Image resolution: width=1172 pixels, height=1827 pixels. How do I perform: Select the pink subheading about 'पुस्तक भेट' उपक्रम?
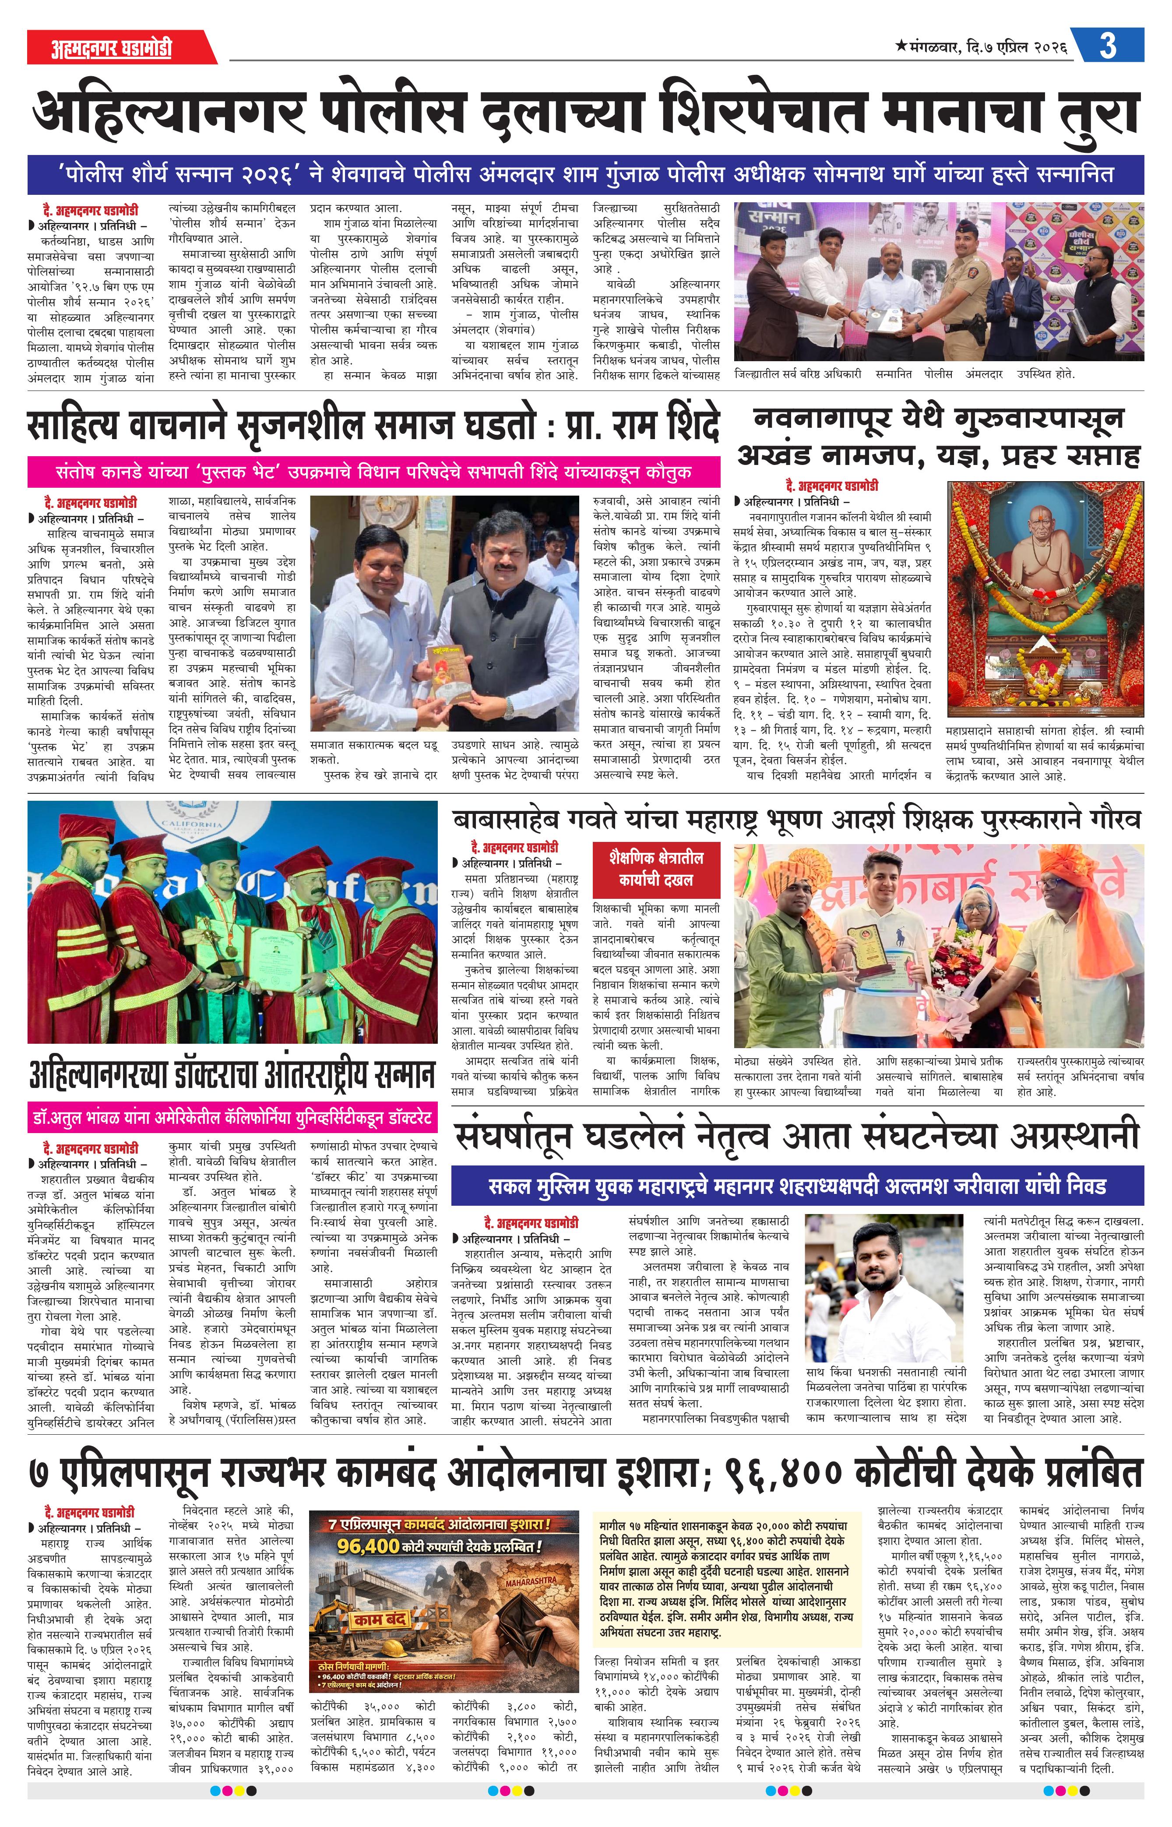(x=373, y=472)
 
